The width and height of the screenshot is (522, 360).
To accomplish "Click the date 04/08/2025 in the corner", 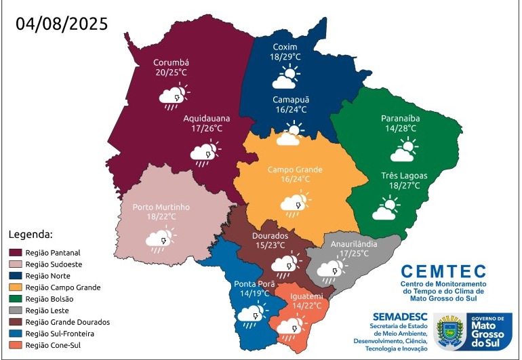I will point(62,24).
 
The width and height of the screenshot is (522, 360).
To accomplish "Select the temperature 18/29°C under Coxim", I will point(285,58).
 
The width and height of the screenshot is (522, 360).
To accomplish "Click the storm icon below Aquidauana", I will point(205,153).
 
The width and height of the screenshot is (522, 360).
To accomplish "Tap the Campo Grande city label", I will point(294,169).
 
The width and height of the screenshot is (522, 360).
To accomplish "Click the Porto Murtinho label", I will point(161,207).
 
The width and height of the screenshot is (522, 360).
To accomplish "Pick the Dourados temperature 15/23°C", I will point(269,245).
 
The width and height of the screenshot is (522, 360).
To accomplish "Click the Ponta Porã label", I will point(254,284).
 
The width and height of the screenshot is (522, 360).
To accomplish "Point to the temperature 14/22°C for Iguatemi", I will point(306,306).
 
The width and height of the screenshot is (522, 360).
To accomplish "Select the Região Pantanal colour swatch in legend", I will point(14,252).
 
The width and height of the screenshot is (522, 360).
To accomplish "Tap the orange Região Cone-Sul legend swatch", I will point(14,345).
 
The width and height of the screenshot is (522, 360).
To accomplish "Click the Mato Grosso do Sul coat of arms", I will point(449,333).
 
